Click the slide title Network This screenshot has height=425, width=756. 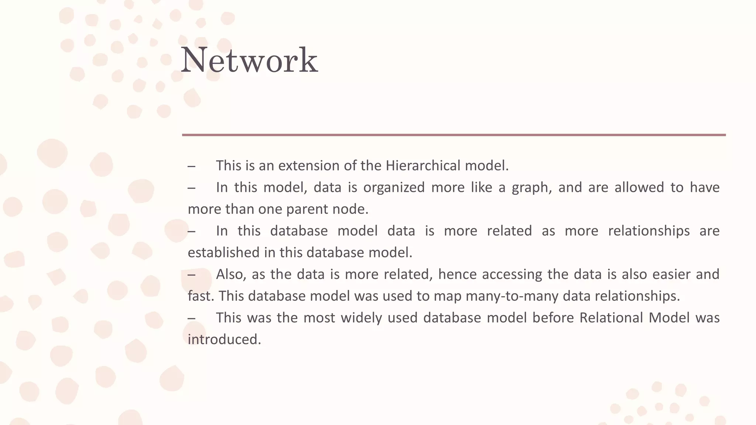coord(249,60)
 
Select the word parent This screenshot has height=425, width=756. coord(307,209)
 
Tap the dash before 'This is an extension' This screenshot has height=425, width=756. coord(191,166)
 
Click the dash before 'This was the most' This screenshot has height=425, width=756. coord(191,318)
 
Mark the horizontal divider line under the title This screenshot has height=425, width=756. coord(454,135)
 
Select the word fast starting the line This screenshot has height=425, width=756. coord(199,296)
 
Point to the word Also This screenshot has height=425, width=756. coord(229,274)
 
